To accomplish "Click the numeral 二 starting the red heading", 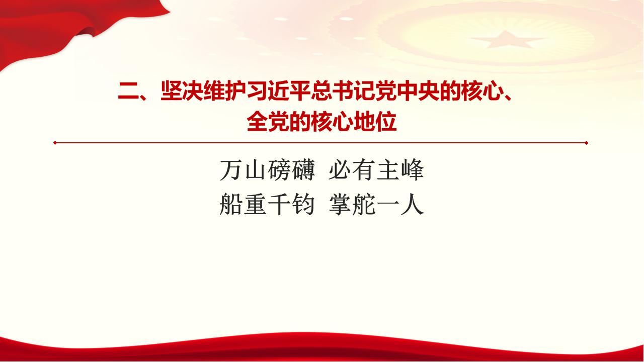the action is point(128,92).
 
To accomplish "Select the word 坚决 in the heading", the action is point(182,92).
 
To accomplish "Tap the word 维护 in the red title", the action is point(224,92).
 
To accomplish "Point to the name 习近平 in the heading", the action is point(278,92).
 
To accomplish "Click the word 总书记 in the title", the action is point(343,92).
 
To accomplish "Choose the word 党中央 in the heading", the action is point(407,92).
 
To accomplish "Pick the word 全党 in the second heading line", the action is point(268,122).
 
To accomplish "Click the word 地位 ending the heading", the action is point(375,122).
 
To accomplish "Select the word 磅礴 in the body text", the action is point(291,170).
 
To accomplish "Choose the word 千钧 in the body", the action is point(291,204).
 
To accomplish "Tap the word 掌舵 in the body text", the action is point(352,204).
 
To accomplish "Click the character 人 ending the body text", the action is point(412,204).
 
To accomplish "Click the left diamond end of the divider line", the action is point(55,143).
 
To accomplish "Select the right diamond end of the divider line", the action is point(586,143).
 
